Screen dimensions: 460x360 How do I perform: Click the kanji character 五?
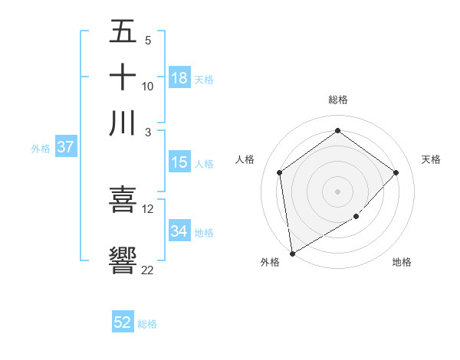click(123, 32)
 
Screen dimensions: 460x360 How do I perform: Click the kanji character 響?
click(123, 260)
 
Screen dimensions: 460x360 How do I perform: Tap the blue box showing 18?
click(179, 78)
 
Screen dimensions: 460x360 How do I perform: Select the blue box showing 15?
click(179, 162)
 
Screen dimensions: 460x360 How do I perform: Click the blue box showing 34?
click(179, 231)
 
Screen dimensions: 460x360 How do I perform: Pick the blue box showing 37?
click(65, 148)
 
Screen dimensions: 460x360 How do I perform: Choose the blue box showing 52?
click(123, 322)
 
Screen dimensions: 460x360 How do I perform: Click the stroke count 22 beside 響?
click(148, 269)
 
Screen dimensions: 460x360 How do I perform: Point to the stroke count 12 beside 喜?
click(148, 208)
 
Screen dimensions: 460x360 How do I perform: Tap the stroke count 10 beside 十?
click(148, 86)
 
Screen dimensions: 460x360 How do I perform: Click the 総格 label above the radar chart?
click(337, 100)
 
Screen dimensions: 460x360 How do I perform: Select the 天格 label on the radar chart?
click(432, 159)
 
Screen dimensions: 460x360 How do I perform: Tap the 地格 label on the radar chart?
click(402, 263)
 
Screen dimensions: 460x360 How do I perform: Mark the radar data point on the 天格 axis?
click(396, 172)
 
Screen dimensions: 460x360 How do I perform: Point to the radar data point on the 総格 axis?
click(337, 131)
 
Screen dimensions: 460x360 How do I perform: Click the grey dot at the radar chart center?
click(337, 191)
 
